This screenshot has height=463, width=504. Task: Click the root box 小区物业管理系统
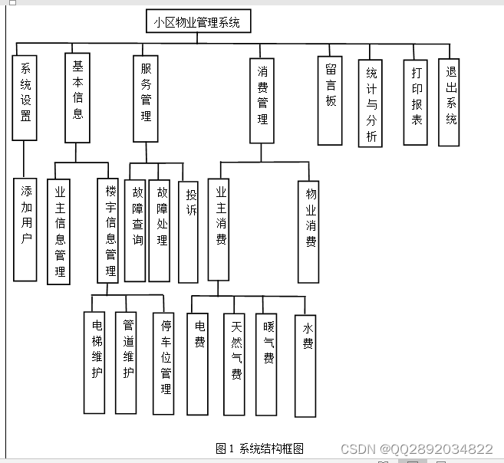[197, 22]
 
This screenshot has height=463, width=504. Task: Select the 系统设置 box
[25, 97]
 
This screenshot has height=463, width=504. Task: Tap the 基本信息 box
[77, 97]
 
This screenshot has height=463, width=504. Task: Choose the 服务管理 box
[146, 97]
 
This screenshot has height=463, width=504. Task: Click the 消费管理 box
[262, 100]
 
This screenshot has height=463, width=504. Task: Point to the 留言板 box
[331, 100]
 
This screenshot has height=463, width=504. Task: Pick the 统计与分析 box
[371, 103]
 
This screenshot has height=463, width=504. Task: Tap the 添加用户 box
[24, 229]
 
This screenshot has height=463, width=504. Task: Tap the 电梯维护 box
[95, 362]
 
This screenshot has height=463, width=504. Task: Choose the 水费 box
[305, 366]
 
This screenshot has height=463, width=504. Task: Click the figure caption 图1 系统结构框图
[260, 448]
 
